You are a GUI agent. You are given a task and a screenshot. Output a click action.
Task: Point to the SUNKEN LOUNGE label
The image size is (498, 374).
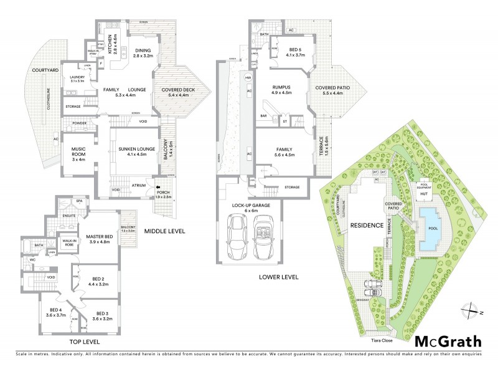pos(131,150)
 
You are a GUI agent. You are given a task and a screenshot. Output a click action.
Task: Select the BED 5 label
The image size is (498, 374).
pos(287,51)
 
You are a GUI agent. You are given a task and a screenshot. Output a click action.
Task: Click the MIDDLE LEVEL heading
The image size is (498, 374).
pos(166,231)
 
